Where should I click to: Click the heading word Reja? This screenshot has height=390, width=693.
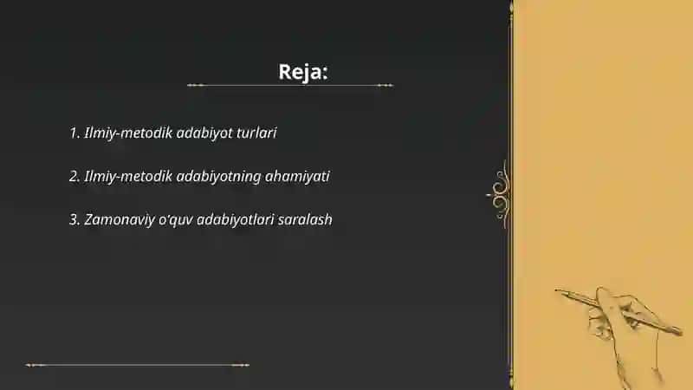(x=302, y=72)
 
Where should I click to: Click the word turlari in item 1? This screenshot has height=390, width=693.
(x=256, y=133)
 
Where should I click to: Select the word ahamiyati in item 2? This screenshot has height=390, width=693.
(x=297, y=176)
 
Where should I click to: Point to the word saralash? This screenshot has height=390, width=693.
(x=305, y=219)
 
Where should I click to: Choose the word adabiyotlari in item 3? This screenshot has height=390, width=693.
(x=235, y=220)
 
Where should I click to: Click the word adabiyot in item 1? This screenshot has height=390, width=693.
(x=204, y=133)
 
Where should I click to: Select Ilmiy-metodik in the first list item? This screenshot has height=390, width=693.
(x=128, y=133)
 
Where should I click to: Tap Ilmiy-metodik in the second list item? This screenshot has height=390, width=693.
(x=128, y=177)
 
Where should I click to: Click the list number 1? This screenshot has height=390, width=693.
(x=74, y=133)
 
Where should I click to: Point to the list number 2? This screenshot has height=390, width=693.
(x=74, y=176)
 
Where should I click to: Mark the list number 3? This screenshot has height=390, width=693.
(x=74, y=219)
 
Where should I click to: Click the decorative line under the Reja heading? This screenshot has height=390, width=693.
(x=290, y=85)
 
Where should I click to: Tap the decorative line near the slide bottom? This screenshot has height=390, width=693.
(x=138, y=365)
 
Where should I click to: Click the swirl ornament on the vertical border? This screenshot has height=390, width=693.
(x=500, y=194)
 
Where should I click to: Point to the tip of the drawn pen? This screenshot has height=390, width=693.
(x=556, y=290)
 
